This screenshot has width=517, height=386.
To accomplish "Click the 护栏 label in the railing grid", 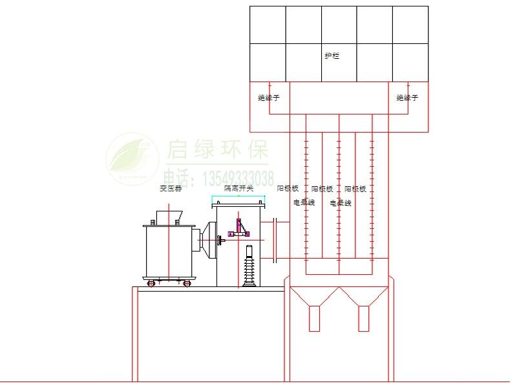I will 332,56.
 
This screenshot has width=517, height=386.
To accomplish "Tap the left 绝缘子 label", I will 268,98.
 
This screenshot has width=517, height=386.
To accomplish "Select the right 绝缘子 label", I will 407,98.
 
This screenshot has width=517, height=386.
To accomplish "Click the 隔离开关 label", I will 238,189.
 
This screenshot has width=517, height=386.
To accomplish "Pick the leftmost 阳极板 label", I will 288,189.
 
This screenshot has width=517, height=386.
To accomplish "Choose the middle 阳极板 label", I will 322,189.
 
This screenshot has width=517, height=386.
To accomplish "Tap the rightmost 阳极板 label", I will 355,189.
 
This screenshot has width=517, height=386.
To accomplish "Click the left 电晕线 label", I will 304,202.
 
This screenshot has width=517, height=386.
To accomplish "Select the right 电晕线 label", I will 341,202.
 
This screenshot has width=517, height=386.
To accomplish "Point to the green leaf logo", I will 132,156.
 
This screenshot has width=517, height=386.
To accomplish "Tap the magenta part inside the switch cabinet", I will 240,228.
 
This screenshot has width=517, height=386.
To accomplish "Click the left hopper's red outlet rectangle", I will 314,317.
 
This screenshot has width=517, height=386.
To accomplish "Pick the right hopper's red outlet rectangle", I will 364,317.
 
